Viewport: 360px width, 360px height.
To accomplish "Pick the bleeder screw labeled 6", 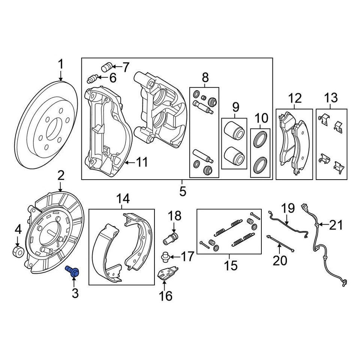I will (92, 79).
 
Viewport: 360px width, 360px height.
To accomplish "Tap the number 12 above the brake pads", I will (295, 99).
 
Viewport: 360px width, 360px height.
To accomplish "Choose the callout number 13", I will (331, 99).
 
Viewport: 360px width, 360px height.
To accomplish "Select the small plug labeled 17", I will (165, 257).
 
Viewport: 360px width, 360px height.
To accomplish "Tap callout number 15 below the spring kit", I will (231, 265).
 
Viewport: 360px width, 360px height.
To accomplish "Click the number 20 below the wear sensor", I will (280, 260).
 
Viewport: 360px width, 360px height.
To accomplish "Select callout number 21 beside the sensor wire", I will (336, 225).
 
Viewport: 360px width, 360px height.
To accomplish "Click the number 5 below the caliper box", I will (182, 191).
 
